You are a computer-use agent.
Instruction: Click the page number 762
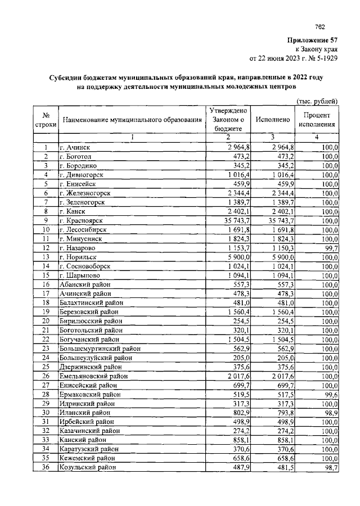320,26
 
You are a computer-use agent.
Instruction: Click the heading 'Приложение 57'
312,40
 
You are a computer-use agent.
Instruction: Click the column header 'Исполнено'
272,120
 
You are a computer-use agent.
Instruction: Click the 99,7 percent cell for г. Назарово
328,247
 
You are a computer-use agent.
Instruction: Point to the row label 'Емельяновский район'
92,376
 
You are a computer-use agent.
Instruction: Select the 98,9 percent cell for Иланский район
328,412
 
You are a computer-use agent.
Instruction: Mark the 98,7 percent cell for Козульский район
328,467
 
